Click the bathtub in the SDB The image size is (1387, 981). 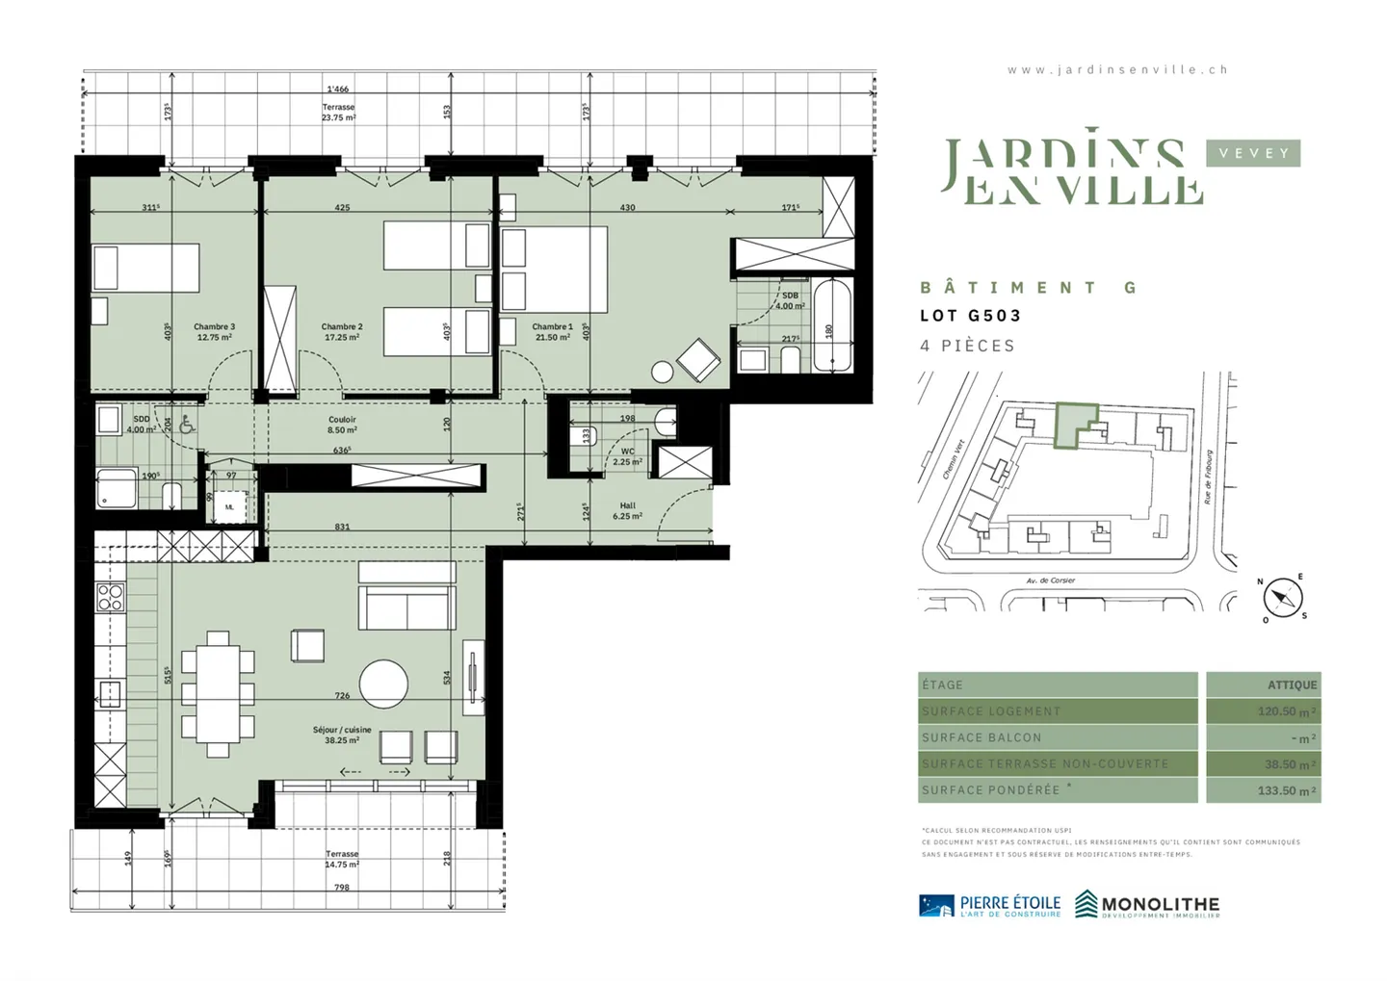click(831, 325)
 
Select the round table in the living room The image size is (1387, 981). click(383, 684)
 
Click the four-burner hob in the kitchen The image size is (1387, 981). click(110, 597)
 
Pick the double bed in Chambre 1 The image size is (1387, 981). click(554, 270)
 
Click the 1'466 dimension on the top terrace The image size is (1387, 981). click(337, 90)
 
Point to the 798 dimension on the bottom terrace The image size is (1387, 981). click(342, 887)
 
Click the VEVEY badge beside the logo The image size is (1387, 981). click(1253, 153)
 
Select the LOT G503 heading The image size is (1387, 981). click(970, 316)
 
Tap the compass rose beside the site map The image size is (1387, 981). click(1282, 598)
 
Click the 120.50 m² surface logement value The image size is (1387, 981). click(1286, 711)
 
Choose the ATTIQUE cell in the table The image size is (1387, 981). click(1292, 684)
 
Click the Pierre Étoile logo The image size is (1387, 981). click(990, 905)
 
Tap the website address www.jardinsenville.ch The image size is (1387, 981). click(1117, 69)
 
